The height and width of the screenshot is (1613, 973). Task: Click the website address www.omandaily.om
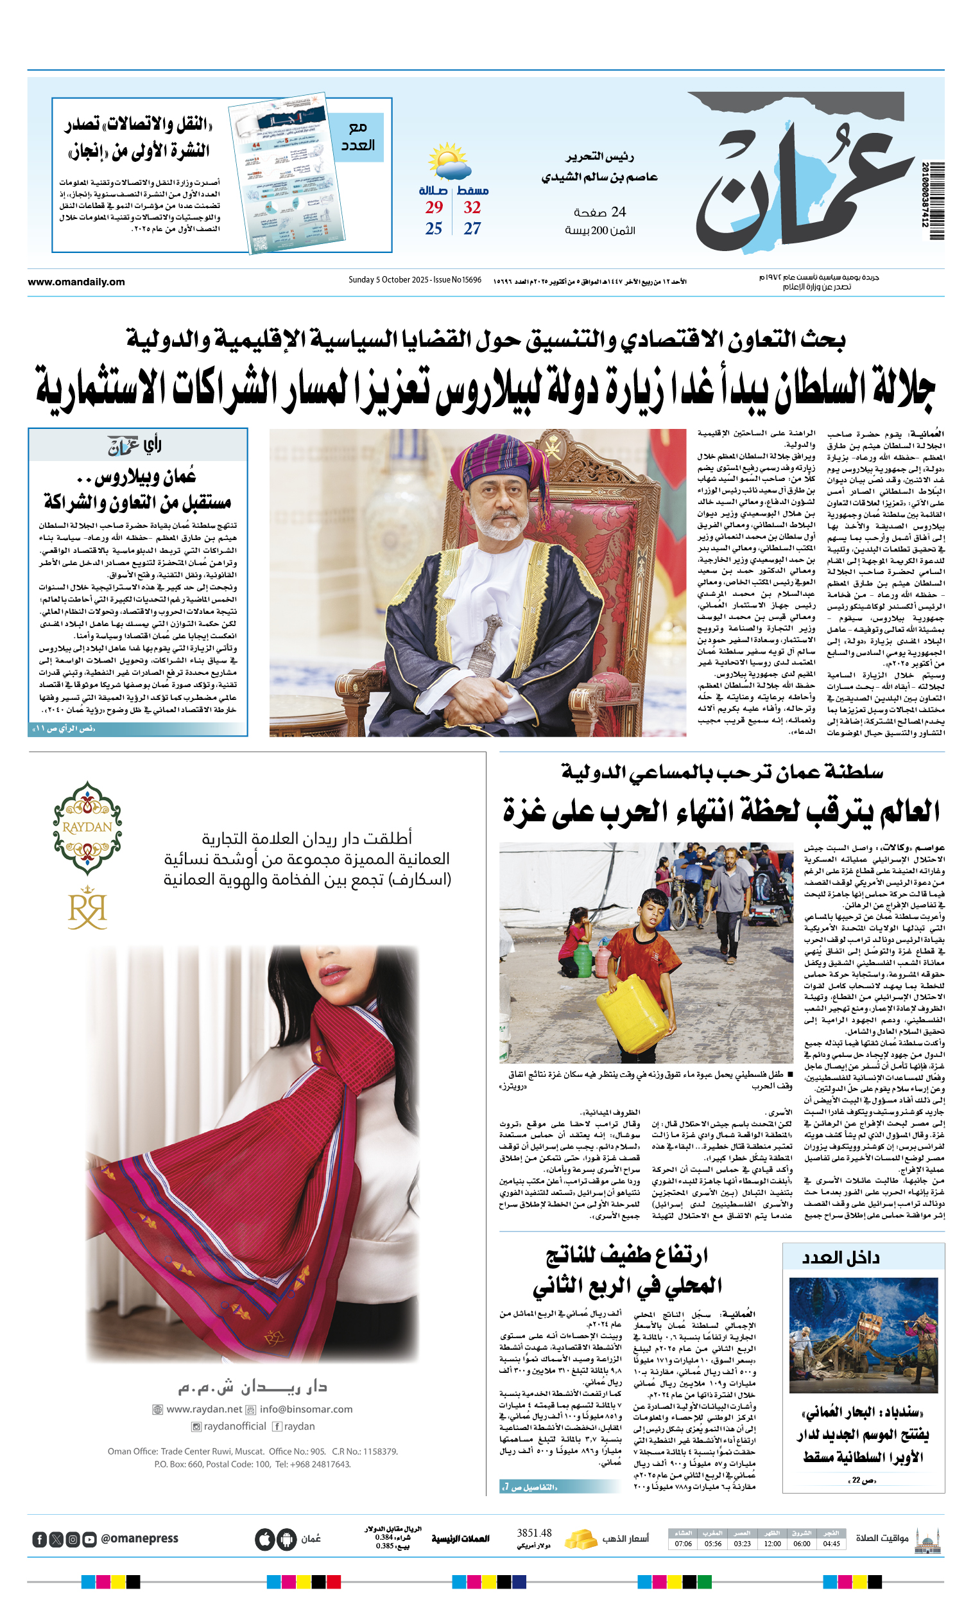[76, 282]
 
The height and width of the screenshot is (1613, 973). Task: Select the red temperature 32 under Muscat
[472, 207]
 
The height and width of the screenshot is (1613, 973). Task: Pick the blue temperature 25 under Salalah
[434, 229]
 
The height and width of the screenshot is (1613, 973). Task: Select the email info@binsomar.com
[306, 1409]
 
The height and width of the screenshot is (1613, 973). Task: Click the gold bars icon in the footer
[580, 1538]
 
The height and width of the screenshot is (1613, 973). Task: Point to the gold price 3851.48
[534, 1533]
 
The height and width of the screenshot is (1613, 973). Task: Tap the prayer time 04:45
[831, 1544]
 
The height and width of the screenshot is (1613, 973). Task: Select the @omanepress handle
[139, 1539]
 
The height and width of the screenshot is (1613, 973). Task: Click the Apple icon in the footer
[264, 1539]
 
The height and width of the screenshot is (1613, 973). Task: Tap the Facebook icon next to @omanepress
[39, 1539]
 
